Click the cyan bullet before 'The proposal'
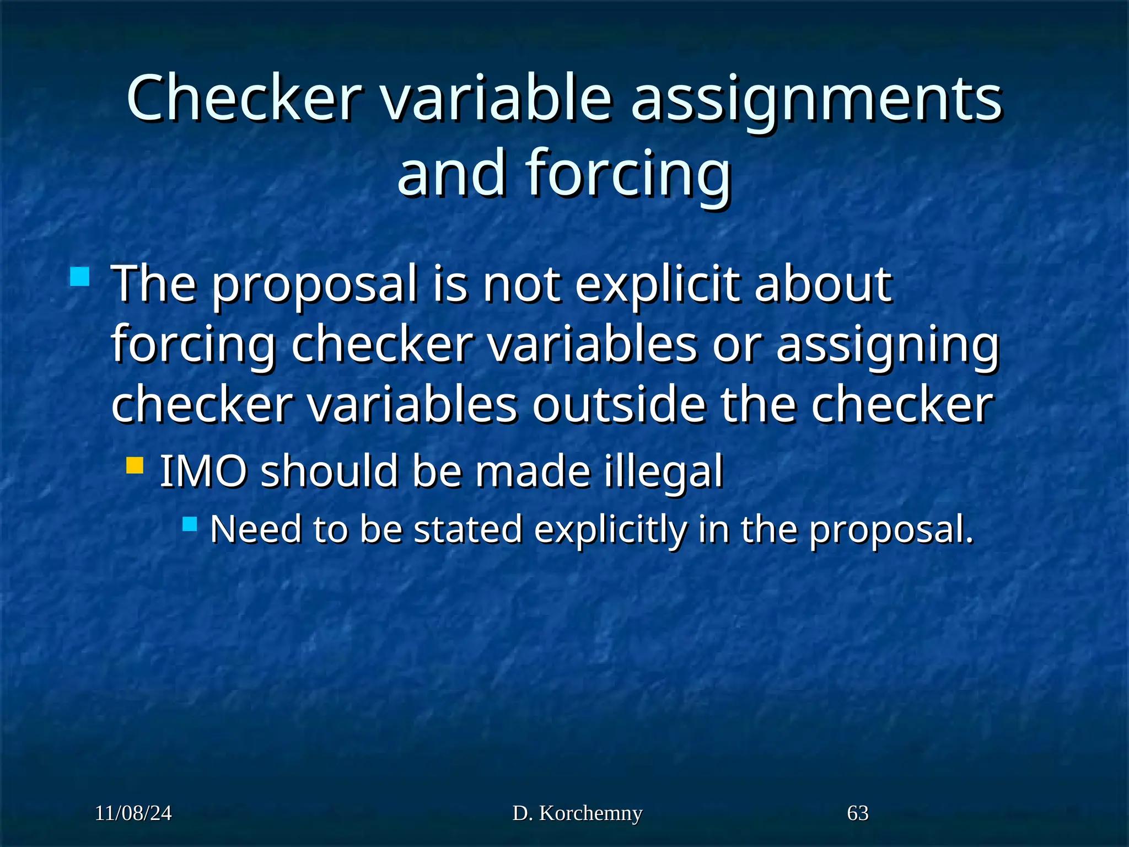point(80,276)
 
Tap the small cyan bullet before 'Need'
point(190,523)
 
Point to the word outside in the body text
point(618,405)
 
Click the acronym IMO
point(203,471)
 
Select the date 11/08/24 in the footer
point(133,813)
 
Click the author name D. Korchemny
point(577,813)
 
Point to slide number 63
point(857,813)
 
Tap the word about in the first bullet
point(822,285)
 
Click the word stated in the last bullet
point(467,529)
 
